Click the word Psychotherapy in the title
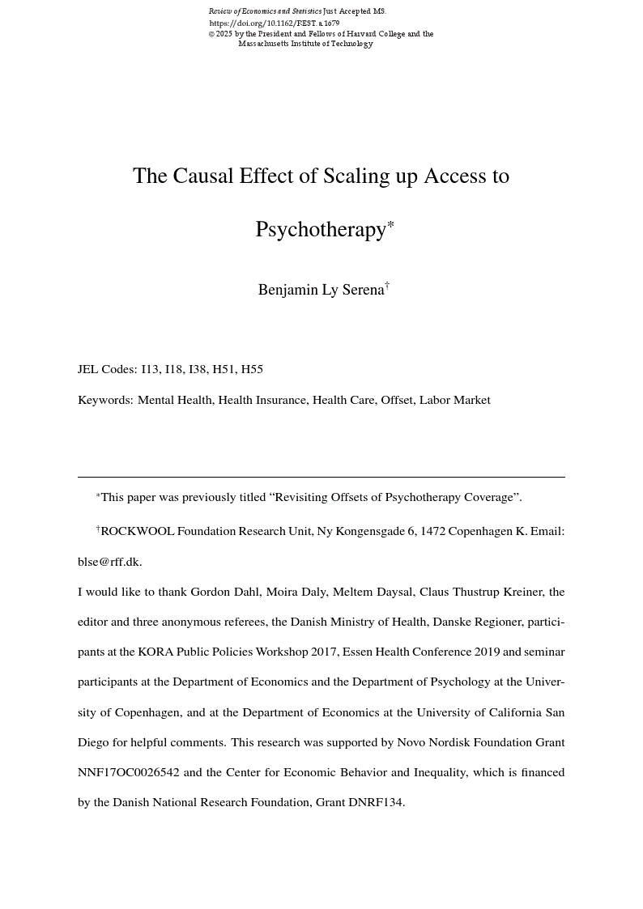321,230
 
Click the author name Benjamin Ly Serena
321,290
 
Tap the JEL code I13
151,369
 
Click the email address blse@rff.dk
109,562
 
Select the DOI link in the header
274,23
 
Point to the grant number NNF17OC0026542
128,772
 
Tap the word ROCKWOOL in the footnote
137,532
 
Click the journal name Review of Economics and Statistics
265,11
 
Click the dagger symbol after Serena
387,285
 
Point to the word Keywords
105,400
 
